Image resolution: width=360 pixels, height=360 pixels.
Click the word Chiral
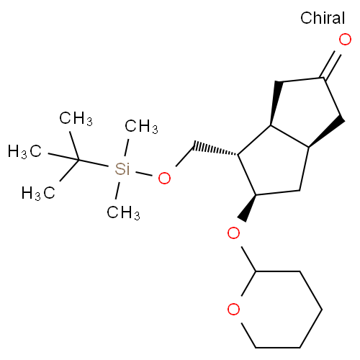[x=323, y=18]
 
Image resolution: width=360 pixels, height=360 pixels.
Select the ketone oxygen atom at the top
[x=345, y=40]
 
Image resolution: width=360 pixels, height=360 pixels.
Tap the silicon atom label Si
[x=122, y=168]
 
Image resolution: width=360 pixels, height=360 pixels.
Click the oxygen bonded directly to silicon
[x=164, y=178]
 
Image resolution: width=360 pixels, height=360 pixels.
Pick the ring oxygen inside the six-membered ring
[x=233, y=309]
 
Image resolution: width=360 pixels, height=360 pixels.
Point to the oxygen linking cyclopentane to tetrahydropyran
[x=233, y=233]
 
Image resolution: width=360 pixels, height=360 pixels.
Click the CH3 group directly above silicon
[x=141, y=126]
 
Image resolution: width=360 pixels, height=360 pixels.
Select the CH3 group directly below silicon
[x=123, y=212]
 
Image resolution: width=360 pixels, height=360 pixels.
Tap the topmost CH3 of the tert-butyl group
[x=76, y=118]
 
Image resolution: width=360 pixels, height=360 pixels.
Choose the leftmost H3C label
[x=24, y=151]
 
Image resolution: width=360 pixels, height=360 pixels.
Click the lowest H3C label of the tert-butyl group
[x=38, y=193]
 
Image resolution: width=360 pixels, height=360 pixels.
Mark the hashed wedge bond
[x=216, y=149]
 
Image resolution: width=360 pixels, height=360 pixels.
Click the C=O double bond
[x=332, y=64]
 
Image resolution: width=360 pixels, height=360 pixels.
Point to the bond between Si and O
[x=143, y=174]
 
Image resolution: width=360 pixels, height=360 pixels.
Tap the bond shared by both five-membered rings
[x=289, y=136]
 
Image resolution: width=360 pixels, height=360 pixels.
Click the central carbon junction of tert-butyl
[x=78, y=160]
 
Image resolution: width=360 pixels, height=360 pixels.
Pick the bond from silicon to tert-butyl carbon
[x=94, y=163]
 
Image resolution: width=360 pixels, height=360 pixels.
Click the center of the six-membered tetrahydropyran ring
[x=278, y=310]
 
